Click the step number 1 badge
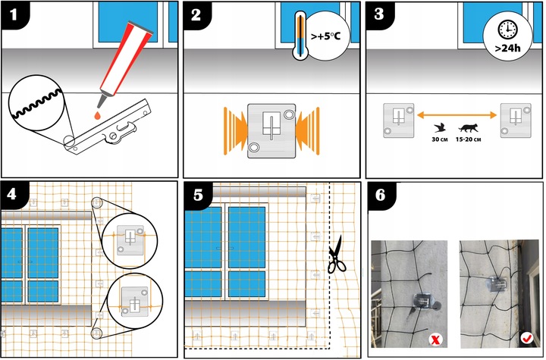(14, 14)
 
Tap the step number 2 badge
(196, 14)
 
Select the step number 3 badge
(379, 14)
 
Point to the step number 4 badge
(13, 194)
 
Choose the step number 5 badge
(198, 196)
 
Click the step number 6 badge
(381, 196)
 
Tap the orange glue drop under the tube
(98, 115)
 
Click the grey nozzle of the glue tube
(102, 99)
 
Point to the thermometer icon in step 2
(300, 35)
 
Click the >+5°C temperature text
(325, 36)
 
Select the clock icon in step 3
(507, 30)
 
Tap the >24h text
(507, 48)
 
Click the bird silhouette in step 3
(440, 128)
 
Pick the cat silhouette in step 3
(468, 128)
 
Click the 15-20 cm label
(468, 139)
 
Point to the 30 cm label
(439, 139)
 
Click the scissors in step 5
(337, 255)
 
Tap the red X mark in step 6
(435, 340)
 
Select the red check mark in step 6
(526, 337)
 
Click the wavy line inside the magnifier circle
(37, 104)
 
